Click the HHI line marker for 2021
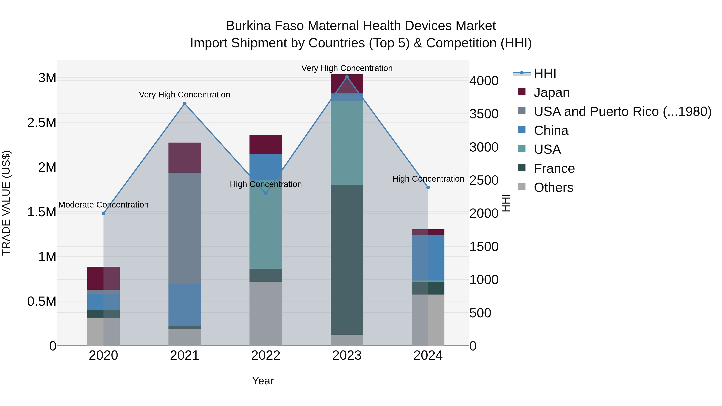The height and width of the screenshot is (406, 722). click(185, 104)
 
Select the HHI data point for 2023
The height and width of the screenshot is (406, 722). click(347, 77)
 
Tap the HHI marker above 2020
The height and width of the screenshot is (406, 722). click(103, 214)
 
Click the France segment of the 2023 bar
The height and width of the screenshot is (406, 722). click(347, 259)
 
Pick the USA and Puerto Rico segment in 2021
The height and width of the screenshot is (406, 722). click(185, 228)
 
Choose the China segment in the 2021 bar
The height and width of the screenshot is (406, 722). click(185, 305)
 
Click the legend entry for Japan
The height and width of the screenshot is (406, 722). click(551, 92)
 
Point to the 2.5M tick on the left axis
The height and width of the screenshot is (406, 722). click(42, 123)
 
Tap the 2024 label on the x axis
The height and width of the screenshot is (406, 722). click(428, 355)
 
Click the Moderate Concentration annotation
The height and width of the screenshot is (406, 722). click(103, 205)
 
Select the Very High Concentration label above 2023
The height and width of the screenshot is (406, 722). click(347, 68)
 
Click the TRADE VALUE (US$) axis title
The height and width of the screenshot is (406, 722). click(6, 203)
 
